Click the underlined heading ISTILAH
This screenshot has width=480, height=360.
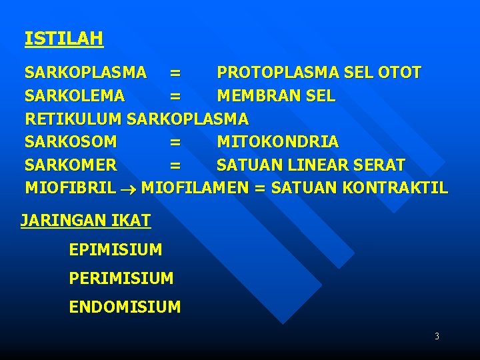click(x=64, y=39)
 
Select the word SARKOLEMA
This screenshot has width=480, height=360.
click(x=75, y=96)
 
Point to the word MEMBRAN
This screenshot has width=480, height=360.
click(x=256, y=96)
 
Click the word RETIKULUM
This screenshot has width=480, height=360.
click(x=73, y=119)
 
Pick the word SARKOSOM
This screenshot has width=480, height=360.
click(x=71, y=142)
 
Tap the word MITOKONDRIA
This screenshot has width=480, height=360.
click(x=278, y=142)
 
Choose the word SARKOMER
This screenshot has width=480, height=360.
click(x=71, y=165)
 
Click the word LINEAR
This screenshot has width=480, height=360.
click(x=319, y=165)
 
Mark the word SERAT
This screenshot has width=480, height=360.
click(x=381, y=165)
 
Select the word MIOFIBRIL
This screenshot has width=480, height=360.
click(x=70, y=188)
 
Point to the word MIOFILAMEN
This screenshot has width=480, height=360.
click(x=195, y=188)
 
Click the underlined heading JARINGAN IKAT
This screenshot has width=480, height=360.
click(x=86, y=220)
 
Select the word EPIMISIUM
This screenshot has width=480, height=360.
click(x=115, y=250)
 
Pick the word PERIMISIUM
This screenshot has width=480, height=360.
click(x=121, y=278)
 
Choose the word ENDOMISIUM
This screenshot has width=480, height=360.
click(x=125, y=307)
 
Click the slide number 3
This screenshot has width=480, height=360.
click(x=437, y=337)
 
